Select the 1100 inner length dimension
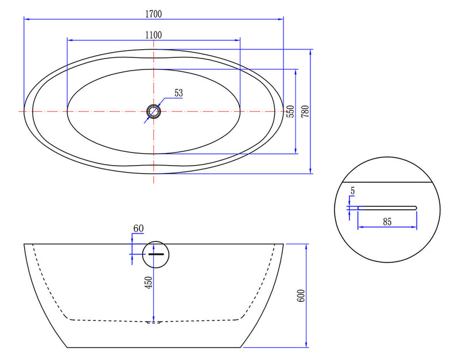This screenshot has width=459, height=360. pyautogui.click(x=153, y=34)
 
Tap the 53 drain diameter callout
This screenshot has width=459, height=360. pyautogui.click(x=178, y=92)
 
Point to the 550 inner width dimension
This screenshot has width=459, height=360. pyautogui.click(x=290, y=111)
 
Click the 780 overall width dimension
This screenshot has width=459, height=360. pyautogui.click(x=305, y=111)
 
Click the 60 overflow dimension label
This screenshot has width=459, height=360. pyautogui.click(x=138, y=229)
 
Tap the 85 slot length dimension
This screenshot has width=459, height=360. pyautogui.click(x=387, y=221)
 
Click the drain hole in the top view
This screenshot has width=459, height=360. pyautogui.click(x=154, y=111)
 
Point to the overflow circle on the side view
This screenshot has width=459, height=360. pyautogui.click(x=156, y=253)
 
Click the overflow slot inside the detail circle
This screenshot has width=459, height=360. pyautogui.click(x=387, y=207)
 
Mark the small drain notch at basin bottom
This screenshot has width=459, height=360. pyautogui.click(x=154, y=322)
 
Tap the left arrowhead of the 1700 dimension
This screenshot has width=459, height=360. pyautogui.click(x=25, y=19)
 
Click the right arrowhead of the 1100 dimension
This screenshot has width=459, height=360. pyautogui.click(x=238, y=40)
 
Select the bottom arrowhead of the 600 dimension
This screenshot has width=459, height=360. pyautogui.click(x=309, y=345)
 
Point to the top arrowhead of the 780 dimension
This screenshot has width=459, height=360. pyautogui.click(x=310, y=52)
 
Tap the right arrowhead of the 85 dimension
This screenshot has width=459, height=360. pyautogui.click(x=414, y=227)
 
